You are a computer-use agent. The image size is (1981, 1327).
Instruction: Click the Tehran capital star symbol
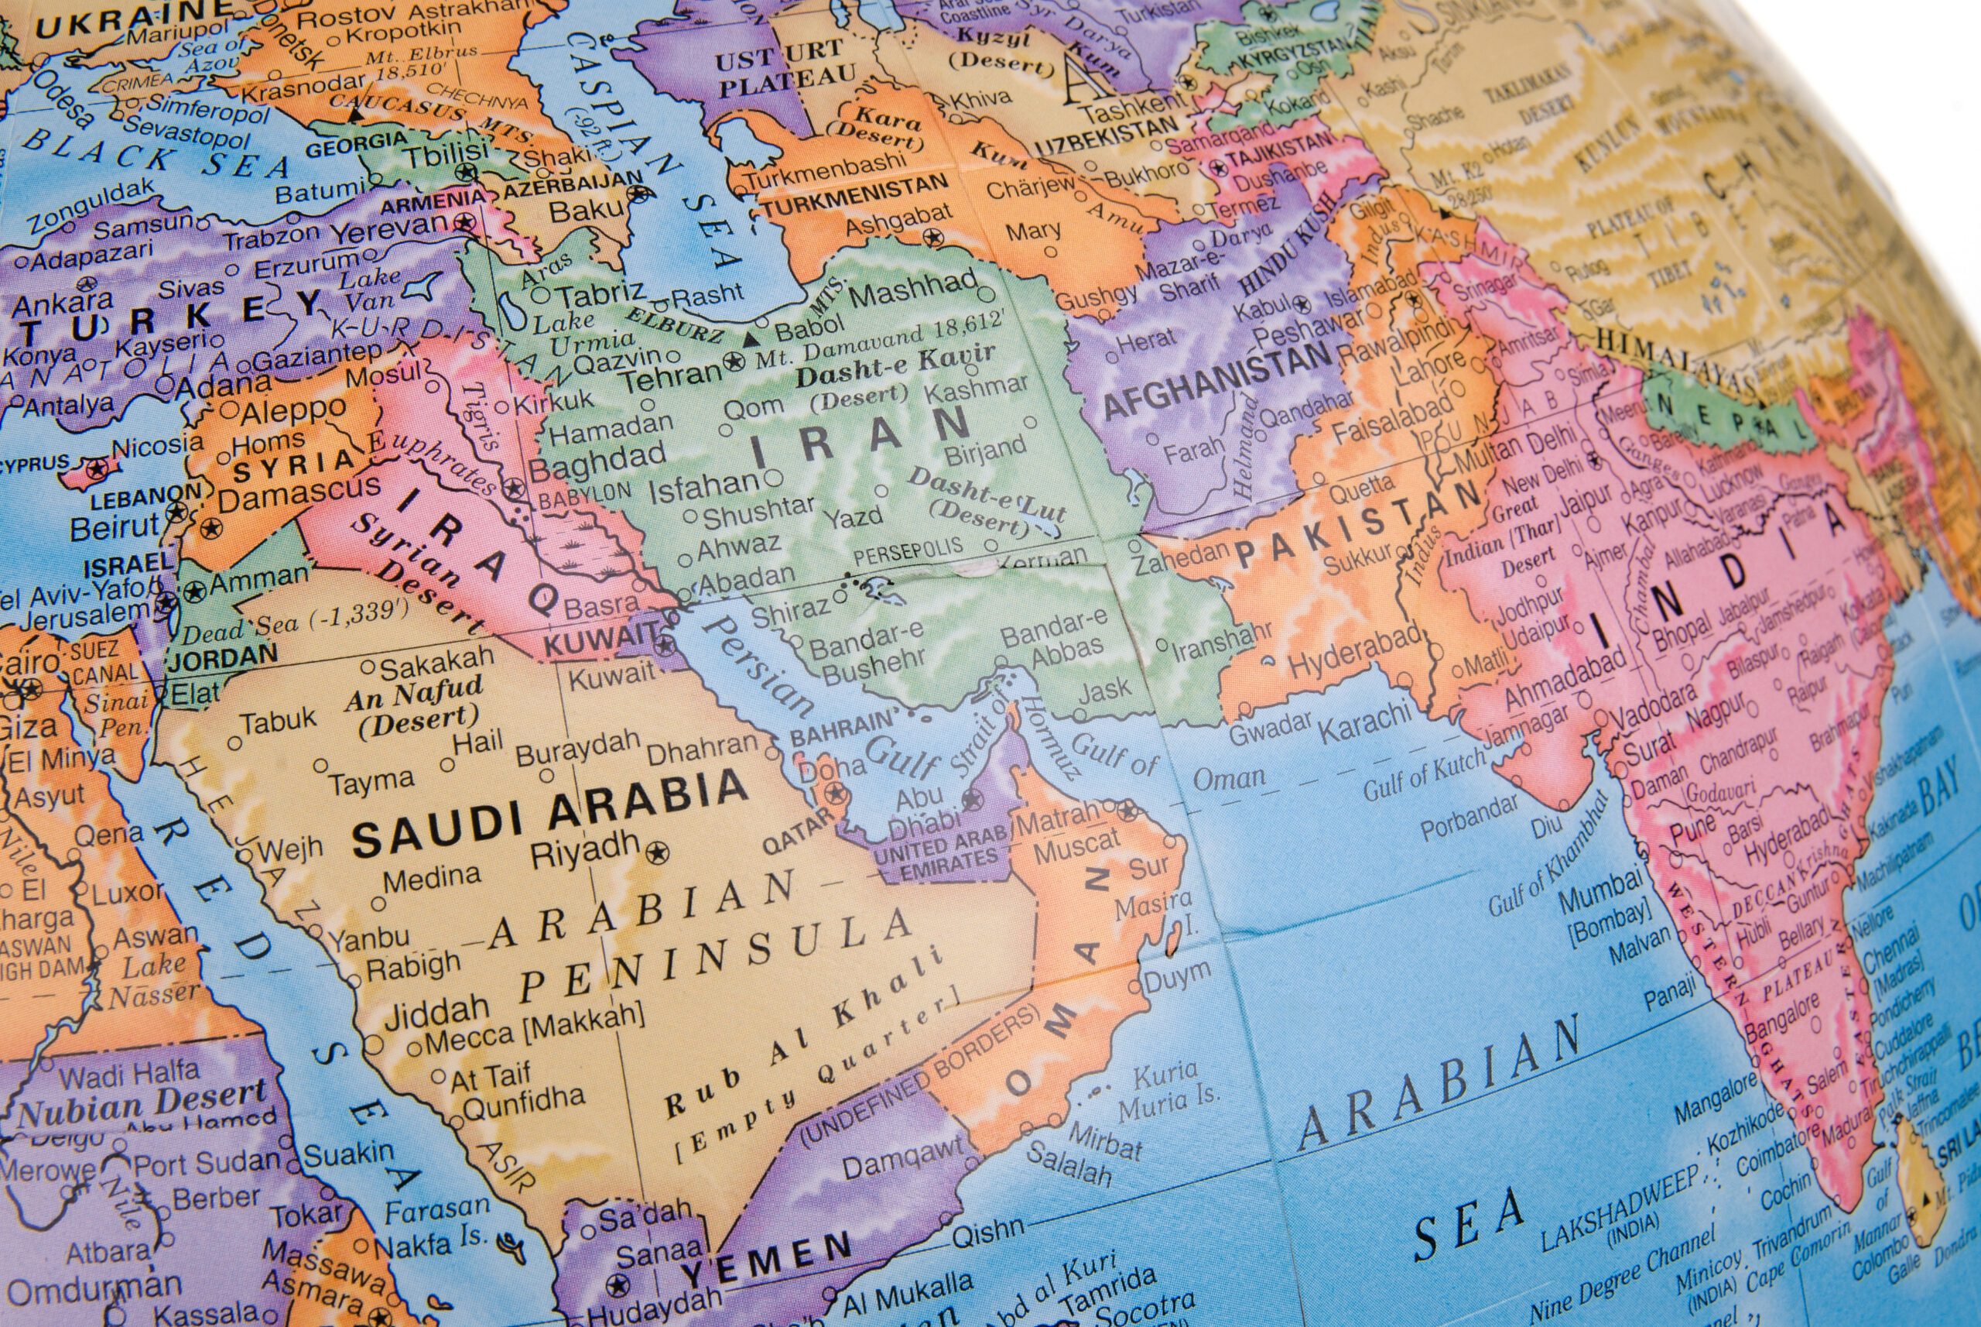[734, 366]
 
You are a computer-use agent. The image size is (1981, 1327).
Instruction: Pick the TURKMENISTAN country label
[854, 199]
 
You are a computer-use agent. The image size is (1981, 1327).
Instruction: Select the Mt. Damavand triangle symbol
[749, 340]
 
